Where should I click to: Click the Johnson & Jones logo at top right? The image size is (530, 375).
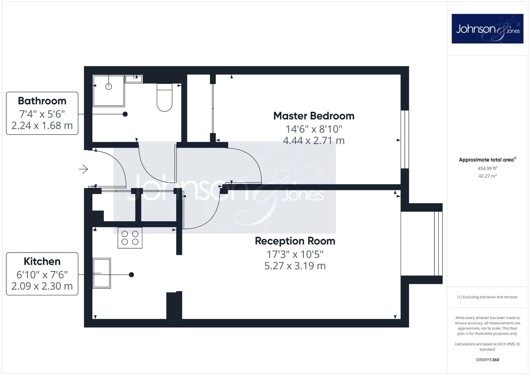pos(487,29)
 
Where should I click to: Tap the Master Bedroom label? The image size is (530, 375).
pos(314,116)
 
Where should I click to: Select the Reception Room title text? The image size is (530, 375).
pos(295,241)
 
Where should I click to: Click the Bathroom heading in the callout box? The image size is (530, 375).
pos(42,101)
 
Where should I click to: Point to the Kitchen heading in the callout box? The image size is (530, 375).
pos(42,261)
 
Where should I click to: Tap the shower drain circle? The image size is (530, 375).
pos(109,86)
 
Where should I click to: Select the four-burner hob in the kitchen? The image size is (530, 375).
pos(130,238)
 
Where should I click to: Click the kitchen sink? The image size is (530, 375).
pos(102,273)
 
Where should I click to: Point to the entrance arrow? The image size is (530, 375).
pos(83,169)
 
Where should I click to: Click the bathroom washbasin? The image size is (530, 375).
pos(134,79)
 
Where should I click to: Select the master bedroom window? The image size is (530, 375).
pos(405,139)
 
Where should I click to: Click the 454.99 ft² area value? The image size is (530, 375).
pos(487,168)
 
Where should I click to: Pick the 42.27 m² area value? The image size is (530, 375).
pos(487,176)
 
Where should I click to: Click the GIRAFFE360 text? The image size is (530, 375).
pos(487,360)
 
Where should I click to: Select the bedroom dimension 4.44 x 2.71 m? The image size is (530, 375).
pos(314,141)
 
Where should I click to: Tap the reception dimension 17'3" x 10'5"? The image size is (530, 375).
pos(295,254)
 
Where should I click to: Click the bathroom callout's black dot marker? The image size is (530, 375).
pos(125,114)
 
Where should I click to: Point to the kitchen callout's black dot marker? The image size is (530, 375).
pos(131,275)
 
